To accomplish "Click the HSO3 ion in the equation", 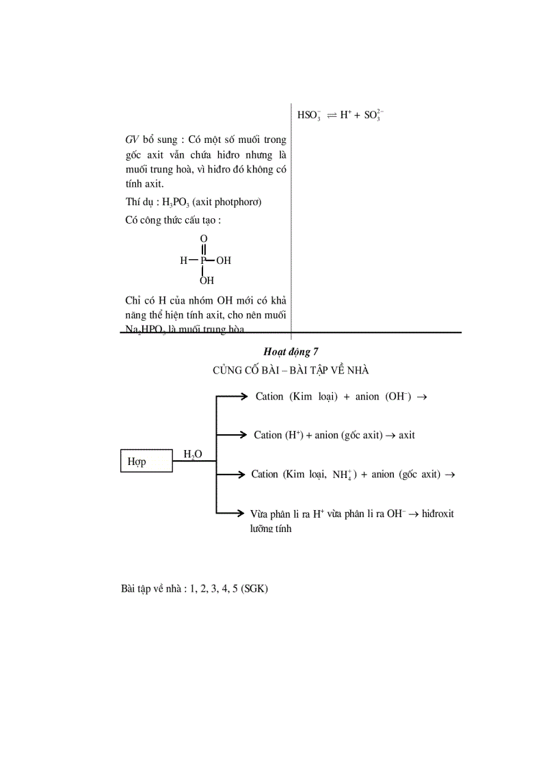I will click(x=308, y=116).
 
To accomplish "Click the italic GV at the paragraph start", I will click(x=133, y=139).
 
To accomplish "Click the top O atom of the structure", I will click(x=204, y=239).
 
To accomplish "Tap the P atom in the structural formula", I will click(x=203, y=261).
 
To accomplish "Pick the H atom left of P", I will click(x=183, y=261).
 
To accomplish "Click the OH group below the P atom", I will click(x=207, y=280).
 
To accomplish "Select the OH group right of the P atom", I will click(x=224, y=261).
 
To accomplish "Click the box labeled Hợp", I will click(x=146, y=462).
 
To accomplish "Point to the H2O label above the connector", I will click(x=192, y=454).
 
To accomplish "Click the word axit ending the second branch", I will click(x=407, y=435).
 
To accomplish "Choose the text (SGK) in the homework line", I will click(x=254, y=588).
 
